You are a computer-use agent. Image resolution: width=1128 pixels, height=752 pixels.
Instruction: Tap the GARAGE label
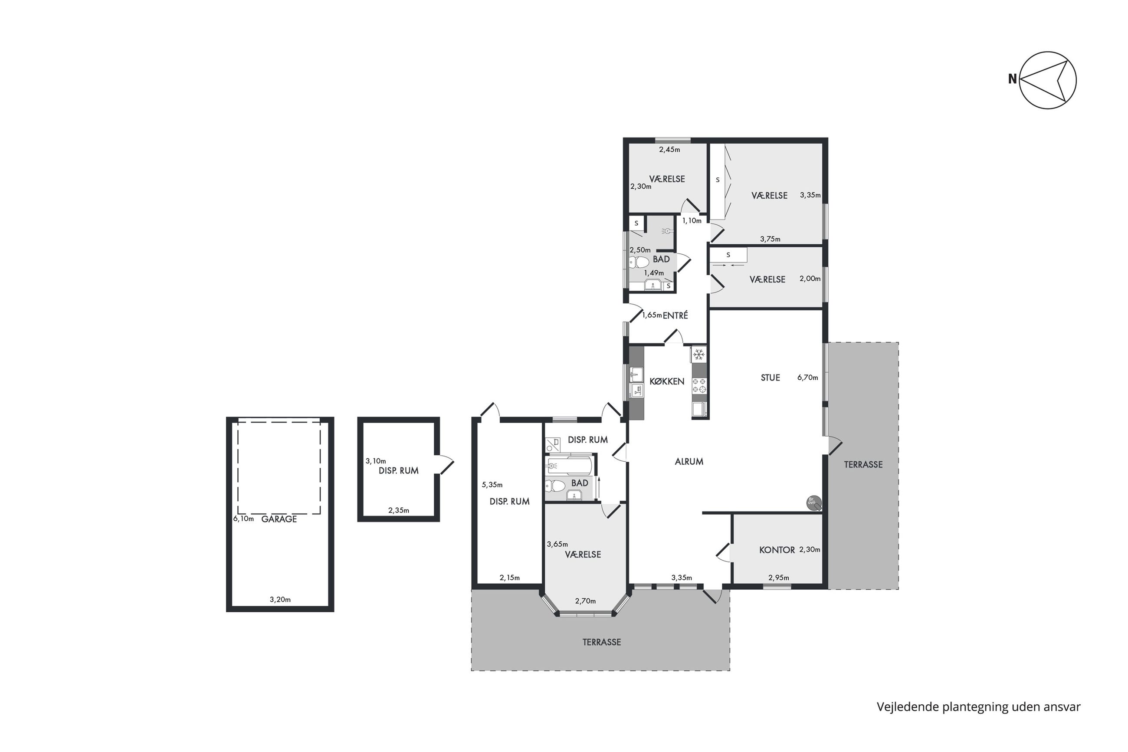point(279,519)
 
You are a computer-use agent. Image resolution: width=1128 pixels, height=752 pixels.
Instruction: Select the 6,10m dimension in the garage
point(243,519)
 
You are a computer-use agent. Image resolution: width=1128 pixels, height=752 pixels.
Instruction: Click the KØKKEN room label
point(667,381)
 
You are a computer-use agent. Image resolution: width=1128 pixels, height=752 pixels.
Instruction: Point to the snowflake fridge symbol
point(699,355)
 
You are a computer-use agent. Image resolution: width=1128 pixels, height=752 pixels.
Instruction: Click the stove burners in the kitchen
point(699,386)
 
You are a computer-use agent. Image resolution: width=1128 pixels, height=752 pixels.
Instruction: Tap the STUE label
point(771,378)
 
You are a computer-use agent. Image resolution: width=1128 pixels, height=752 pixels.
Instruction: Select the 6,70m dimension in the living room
point(808,378)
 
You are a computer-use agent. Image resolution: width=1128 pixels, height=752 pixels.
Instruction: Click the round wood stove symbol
point(814,502)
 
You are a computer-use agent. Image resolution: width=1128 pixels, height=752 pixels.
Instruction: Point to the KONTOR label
point(777,550)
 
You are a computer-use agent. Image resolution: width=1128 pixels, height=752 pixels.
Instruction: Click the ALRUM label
point(689,461)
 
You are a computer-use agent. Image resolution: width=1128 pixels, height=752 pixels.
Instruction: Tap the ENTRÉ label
point(675,315)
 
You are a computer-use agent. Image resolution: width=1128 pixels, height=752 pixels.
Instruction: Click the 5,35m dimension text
point(492,485)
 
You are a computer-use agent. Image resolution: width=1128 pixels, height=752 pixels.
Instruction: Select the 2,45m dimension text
point(669,149)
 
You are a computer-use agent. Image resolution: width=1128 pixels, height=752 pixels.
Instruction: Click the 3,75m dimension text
point(770,239)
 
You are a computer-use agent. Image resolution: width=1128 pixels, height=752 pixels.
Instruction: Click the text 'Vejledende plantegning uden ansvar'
point(979,707)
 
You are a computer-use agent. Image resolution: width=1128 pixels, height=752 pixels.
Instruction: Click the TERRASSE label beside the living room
point(863,464)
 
